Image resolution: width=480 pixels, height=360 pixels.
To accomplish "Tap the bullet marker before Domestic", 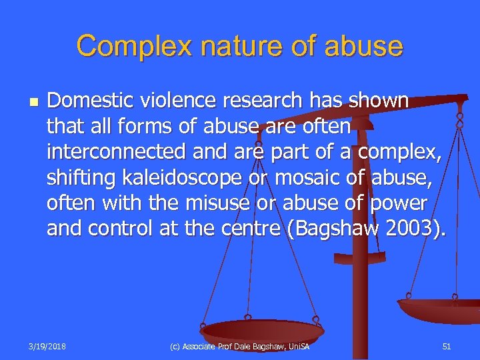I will point(33,102).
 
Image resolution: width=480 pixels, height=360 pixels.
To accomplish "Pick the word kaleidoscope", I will point(167,177).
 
